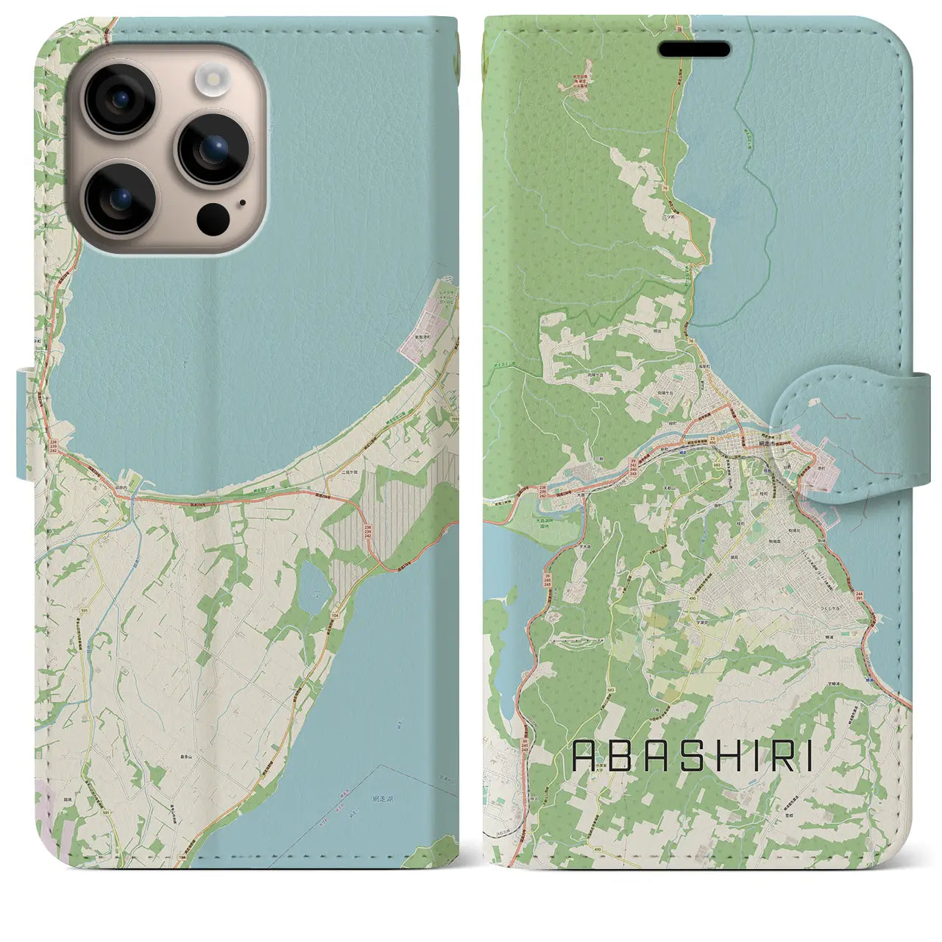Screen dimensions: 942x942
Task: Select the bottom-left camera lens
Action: coord(120,197)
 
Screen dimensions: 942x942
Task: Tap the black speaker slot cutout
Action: coord(694,50)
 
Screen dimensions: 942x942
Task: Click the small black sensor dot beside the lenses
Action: coord(241,202)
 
